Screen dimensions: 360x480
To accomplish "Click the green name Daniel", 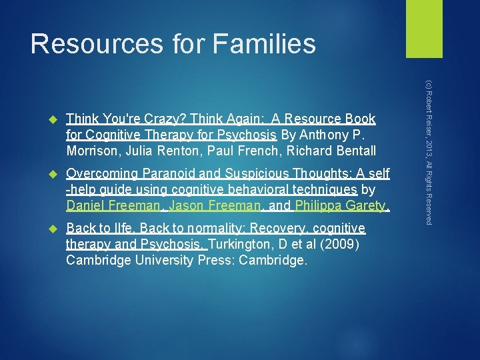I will [87, 206].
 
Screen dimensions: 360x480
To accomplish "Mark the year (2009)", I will [339, 245].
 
